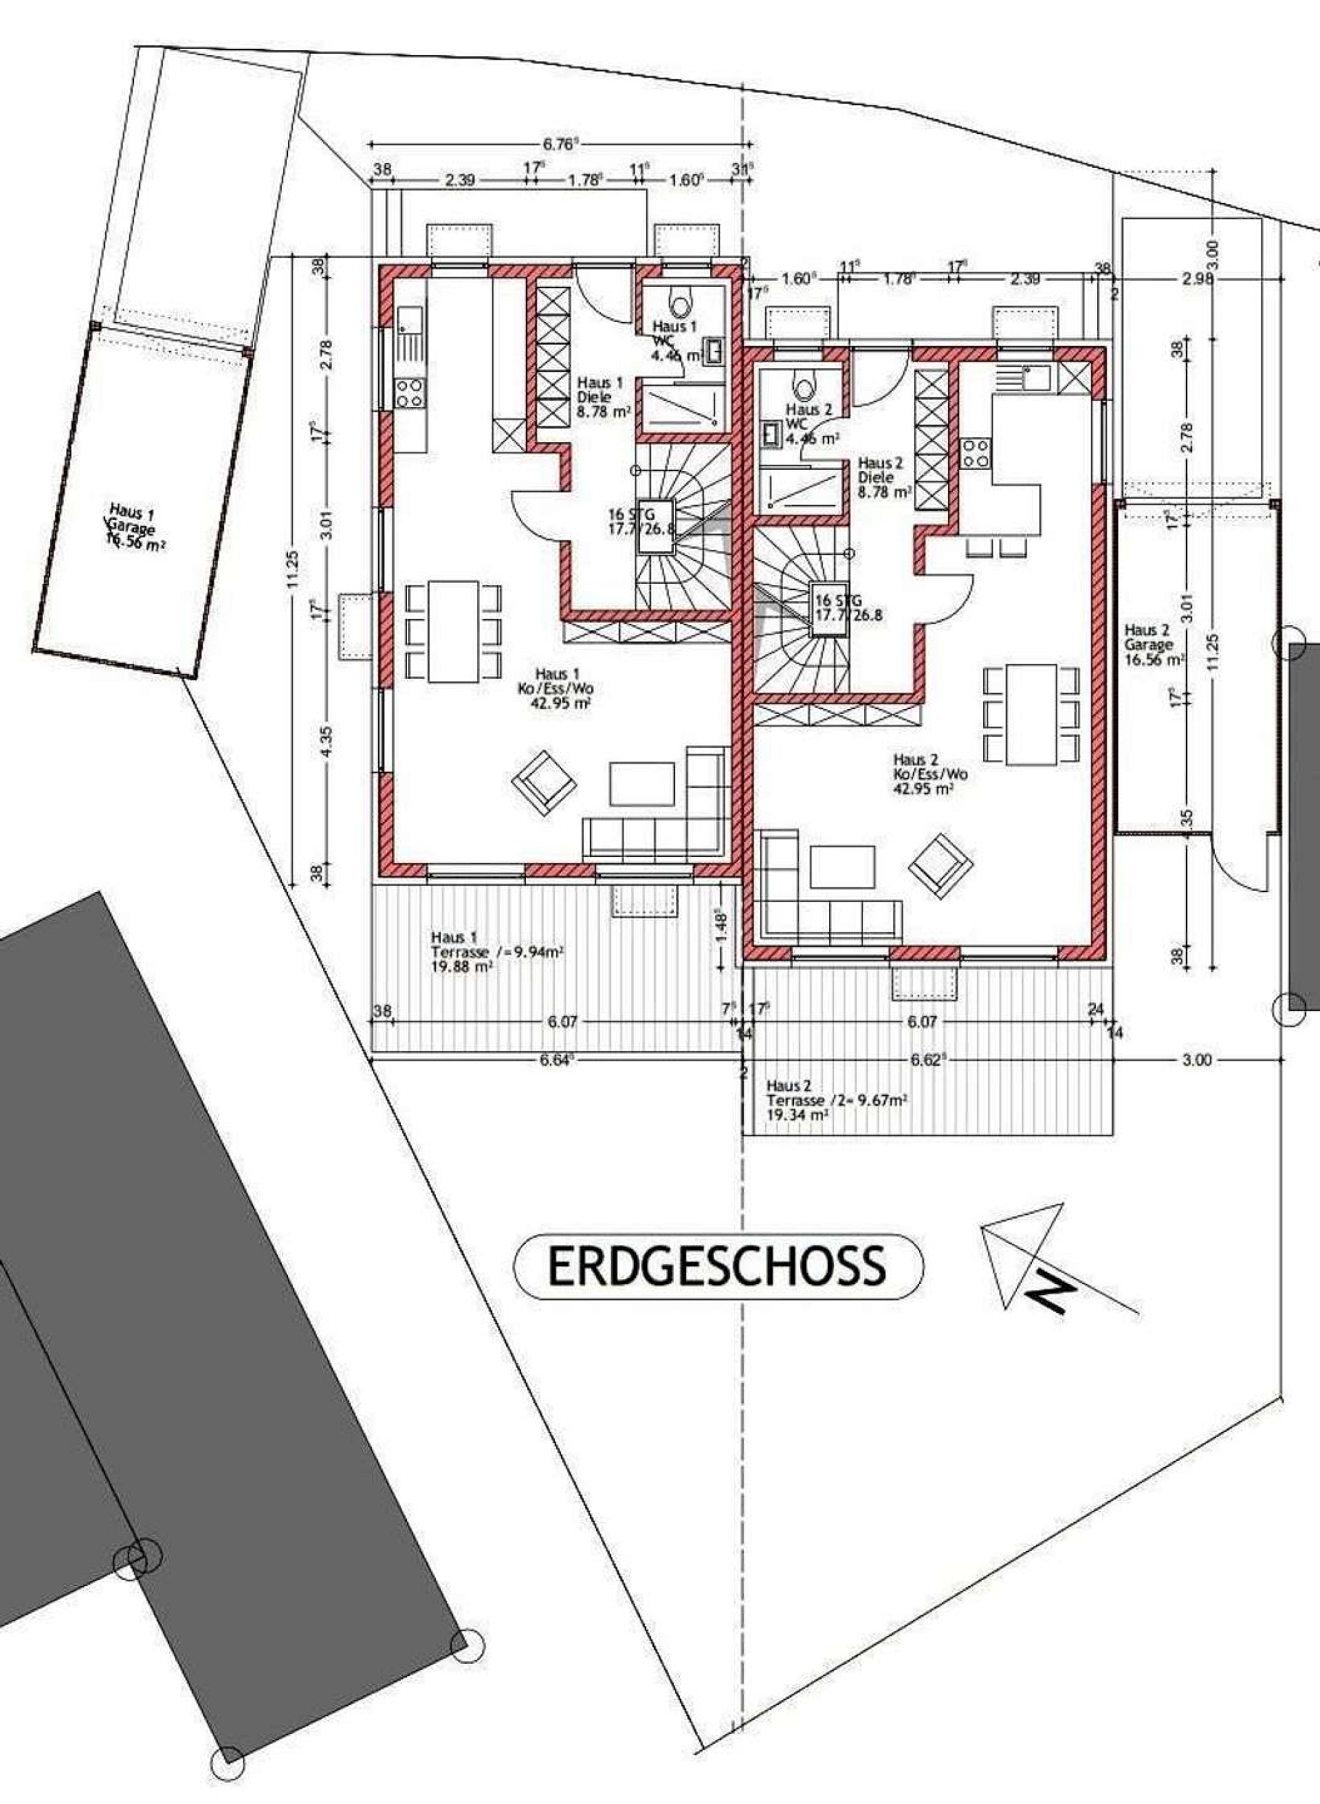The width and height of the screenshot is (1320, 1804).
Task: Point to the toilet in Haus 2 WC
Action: point(804,389)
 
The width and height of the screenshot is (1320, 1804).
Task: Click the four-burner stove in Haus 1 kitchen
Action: point(410,393)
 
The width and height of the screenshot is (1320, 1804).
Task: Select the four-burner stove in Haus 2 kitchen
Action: point(975,453)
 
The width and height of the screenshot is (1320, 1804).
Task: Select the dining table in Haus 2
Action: point(1031,714)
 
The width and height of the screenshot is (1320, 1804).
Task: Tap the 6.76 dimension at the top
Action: point(560,144)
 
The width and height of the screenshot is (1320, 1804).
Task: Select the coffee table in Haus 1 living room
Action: point(641,783)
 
